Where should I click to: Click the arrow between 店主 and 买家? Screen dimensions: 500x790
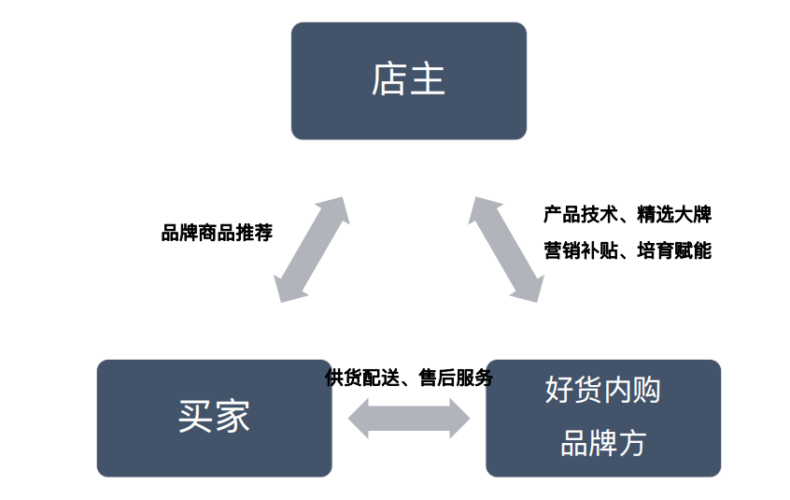[313, 250]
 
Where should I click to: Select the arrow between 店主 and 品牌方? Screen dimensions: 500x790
[504, 249]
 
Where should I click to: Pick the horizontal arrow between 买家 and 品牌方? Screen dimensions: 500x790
[409, 418]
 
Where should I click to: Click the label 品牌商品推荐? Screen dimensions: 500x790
[217, 233]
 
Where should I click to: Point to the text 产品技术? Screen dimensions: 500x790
[572, 214]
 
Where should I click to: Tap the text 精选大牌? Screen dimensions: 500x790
[674, 214]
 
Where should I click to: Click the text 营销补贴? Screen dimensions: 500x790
[572, 250]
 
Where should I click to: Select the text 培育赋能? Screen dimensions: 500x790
[674, 250]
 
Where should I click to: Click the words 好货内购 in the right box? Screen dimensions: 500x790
[602, 390]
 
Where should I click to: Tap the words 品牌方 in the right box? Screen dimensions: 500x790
[602, 442]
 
